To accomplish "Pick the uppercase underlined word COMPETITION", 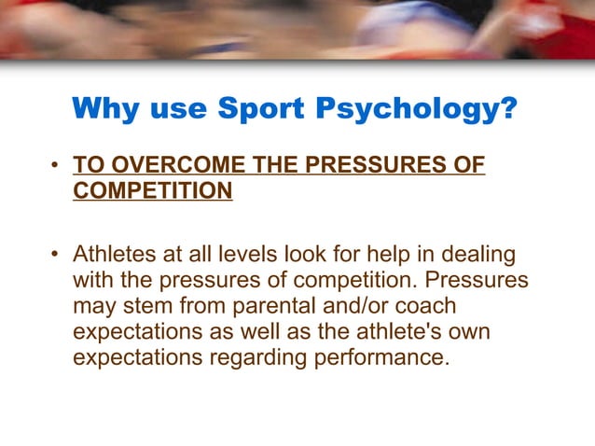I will coord(152,191).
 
